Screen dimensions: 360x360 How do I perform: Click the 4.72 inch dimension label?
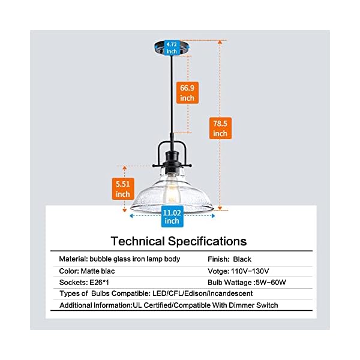coord(172,47)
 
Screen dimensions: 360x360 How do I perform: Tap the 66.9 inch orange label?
coord(188,92)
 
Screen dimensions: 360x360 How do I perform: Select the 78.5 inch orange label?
coord(220,128)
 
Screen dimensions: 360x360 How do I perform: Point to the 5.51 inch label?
coord(123,188)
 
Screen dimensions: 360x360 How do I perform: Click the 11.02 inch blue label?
coord(172,216)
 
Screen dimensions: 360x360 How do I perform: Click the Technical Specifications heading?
coord(179,241)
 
